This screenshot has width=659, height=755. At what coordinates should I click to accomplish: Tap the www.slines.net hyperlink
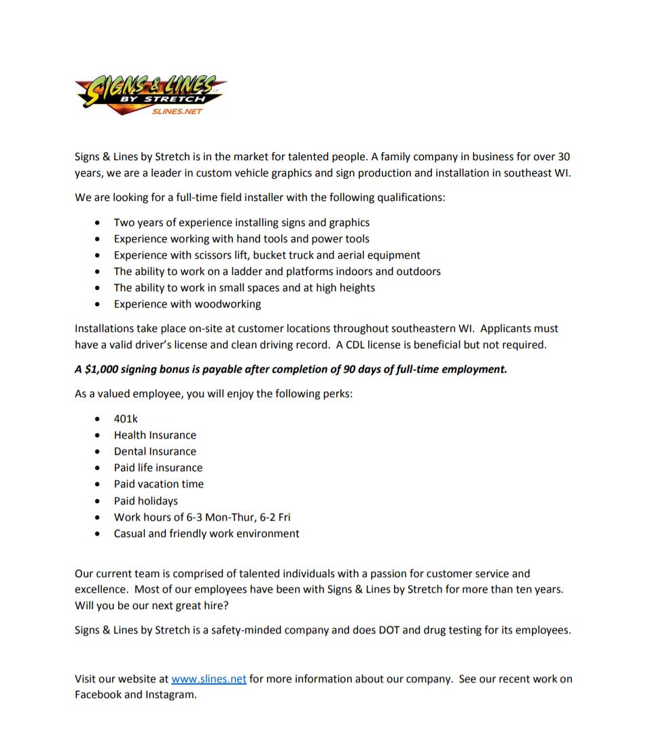click(x=209, y=679)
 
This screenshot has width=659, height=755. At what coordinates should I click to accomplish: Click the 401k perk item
click(x=126, y=419)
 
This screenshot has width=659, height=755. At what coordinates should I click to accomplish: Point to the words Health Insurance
click(x=155, y=435)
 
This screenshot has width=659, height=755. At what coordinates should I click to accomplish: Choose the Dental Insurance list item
click(x=155, y=452)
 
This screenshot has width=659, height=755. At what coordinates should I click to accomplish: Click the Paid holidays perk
click(x=145, y=501)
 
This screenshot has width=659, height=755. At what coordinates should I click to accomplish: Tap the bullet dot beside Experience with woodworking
click(x=99, y=304)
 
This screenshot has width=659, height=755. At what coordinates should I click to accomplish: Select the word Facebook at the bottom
click(x=98, y=695)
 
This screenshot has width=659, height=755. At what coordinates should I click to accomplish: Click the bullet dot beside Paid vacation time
click(x=99, y=485)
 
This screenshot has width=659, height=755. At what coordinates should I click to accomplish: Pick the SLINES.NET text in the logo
click(x=177, y=111)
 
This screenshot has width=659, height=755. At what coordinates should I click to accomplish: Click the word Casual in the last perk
click(x=129, y=534)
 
